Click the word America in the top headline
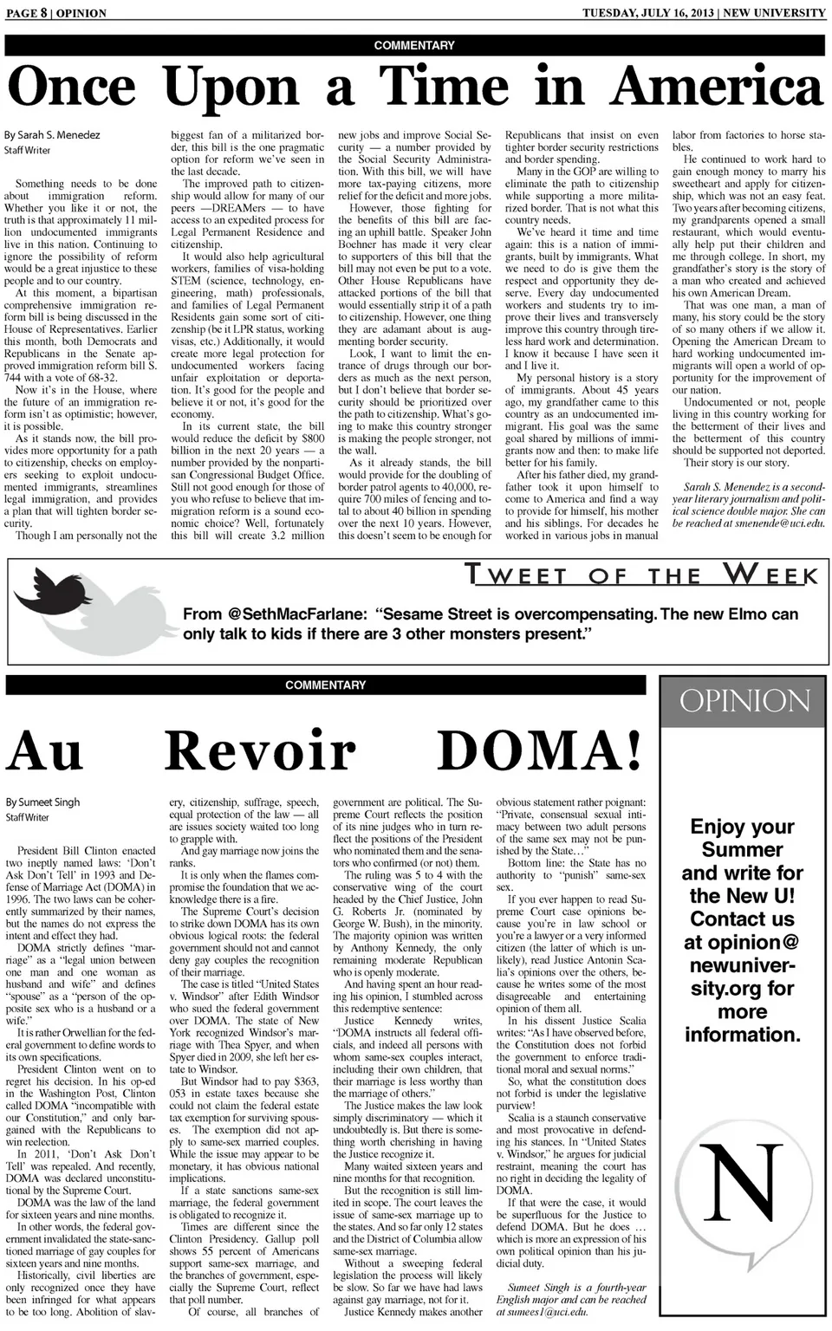pyautogui.click(x=718, y=88)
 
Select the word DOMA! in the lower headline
pyautogui.click(x=539, y=750)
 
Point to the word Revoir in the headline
pyautogui.click(x=260, y=750)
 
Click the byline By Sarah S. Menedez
pyautogui.click(x=52, y=135)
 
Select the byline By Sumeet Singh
pyautogui.click(x=42, y=802)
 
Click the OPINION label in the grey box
pyautogui.click(x=744, y=701)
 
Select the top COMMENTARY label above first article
pyautogui.click(x=414, y=45)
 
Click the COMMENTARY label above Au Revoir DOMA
pyautogui.click(x=326, y=685)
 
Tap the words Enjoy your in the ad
pyautogui.click(x=742, y=827)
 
